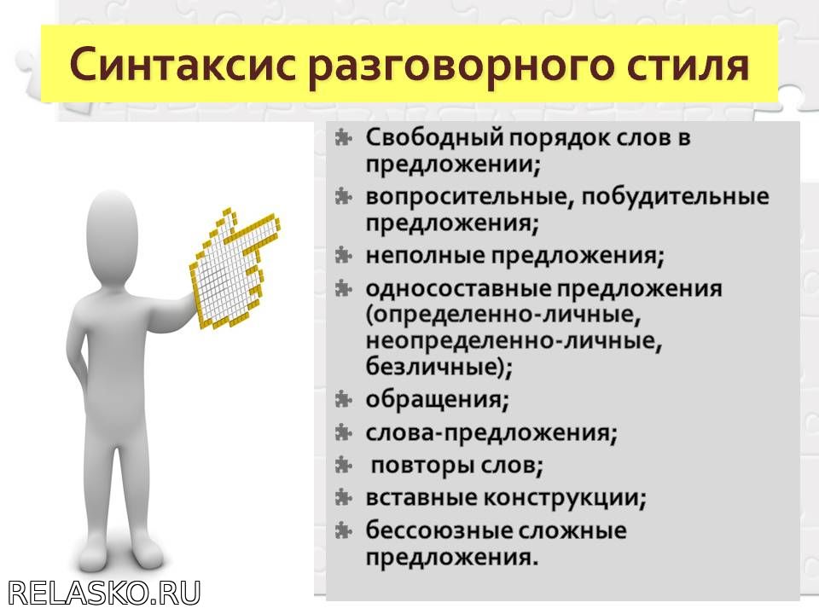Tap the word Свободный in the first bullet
point(434,139)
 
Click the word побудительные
point(676,196)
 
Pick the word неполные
point(426,255)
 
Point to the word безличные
point(434,366)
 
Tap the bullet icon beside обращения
point(343,399)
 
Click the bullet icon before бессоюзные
point(343,530)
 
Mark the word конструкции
point(561,499)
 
